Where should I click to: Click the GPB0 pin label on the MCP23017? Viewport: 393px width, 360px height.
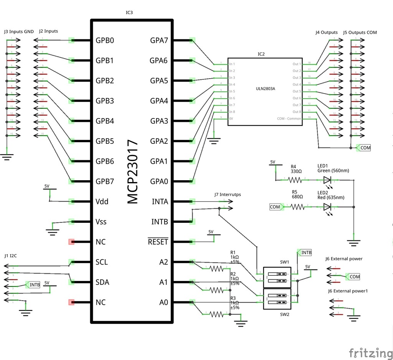point(105,40)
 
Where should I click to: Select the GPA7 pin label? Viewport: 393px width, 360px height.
point(159,40)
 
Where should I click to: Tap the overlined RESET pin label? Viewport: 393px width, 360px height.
point(158,242)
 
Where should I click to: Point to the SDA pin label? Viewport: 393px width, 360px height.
point(102,282)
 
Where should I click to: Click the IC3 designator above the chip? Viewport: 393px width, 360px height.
point(129,13)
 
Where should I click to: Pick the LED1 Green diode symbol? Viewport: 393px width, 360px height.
point(327,179)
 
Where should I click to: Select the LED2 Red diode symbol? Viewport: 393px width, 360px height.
point(327,207)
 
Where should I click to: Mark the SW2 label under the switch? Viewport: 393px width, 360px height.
point(284,314)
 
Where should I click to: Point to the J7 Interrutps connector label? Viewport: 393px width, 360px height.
point(228,195)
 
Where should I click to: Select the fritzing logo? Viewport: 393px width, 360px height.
point(370,352)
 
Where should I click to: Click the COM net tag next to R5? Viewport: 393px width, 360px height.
point(276,207)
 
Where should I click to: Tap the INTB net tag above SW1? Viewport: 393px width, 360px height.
point(305,253)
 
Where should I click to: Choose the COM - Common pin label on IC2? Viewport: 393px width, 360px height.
point(289,118)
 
